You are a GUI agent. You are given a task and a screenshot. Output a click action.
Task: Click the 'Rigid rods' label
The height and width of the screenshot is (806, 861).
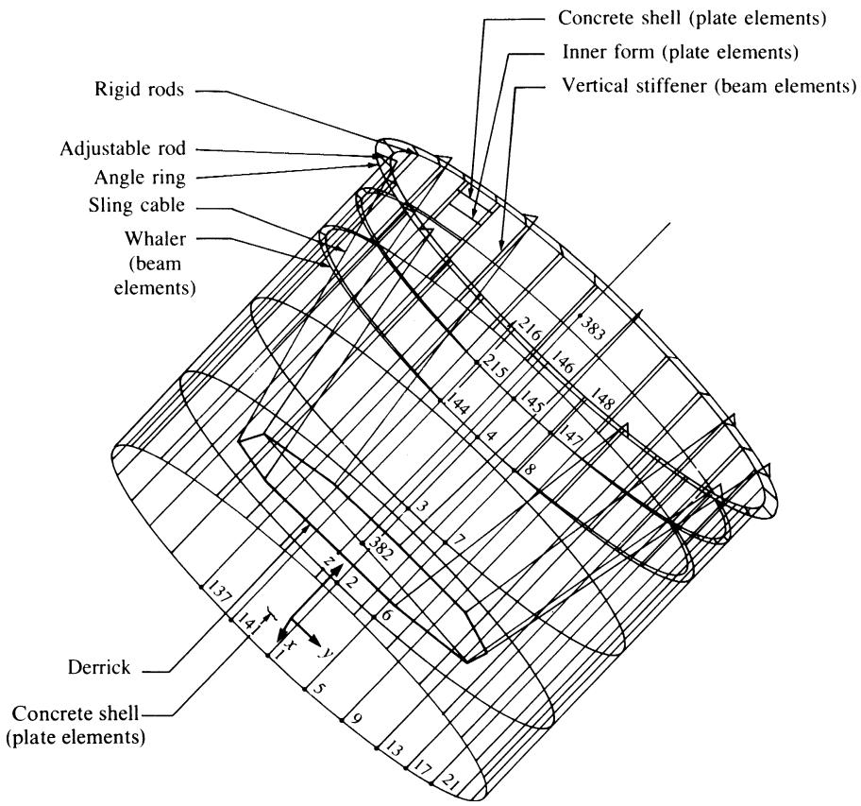(x=139, y=89)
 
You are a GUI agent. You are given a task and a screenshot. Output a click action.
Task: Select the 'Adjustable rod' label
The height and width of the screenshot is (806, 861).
(x=123, y=149)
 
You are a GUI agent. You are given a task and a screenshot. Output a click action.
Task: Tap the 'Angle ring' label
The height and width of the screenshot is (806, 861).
(x=140, y=178)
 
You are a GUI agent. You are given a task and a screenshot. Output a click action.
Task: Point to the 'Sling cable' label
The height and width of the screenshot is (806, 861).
(x=137, y=205)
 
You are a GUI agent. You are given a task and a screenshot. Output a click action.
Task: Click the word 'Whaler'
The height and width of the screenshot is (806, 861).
(x=156, y=238)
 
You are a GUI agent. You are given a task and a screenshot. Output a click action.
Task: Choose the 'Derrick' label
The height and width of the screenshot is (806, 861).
(x=99, y=667)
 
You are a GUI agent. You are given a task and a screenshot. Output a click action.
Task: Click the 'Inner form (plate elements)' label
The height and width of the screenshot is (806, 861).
(x=681, y=52)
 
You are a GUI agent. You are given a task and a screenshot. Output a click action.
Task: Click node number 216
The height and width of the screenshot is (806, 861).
(x=530, y=328)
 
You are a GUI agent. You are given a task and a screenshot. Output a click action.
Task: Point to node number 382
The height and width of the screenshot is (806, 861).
(x=380, y=548)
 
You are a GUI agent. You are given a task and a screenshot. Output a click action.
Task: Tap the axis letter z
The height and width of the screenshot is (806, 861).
(x=329, y=561)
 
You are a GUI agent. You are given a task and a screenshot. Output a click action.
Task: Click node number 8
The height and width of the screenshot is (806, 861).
(x=530, y=470)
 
